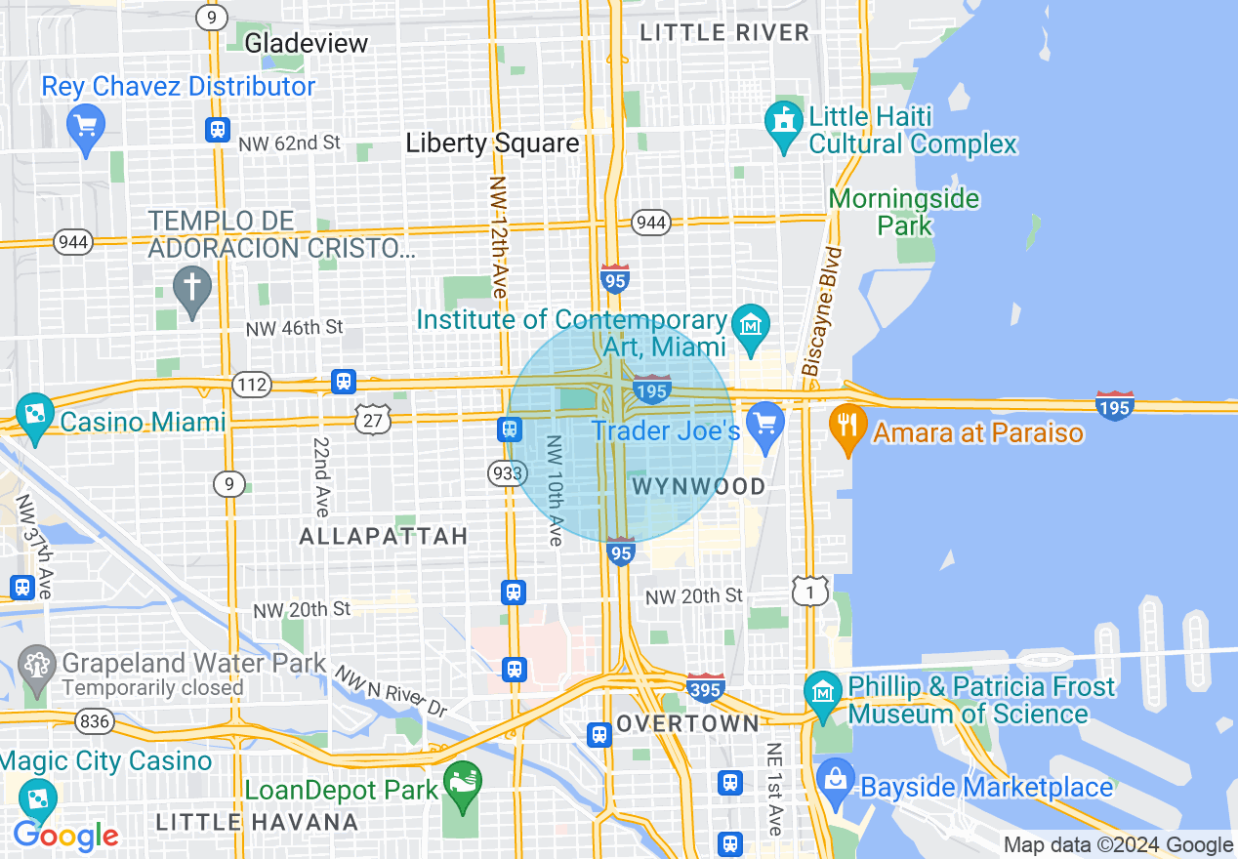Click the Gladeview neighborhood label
tap(306, 43)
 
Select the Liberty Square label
tap(492, 143)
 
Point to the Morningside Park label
tap(904, 212)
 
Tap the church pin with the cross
tap(192, 289)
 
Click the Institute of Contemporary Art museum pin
tap(751, 323)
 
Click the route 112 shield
tap(252, 386)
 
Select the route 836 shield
tap(96, 723)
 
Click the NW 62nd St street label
tap(289, 143)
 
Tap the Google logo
tap(65, 836)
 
